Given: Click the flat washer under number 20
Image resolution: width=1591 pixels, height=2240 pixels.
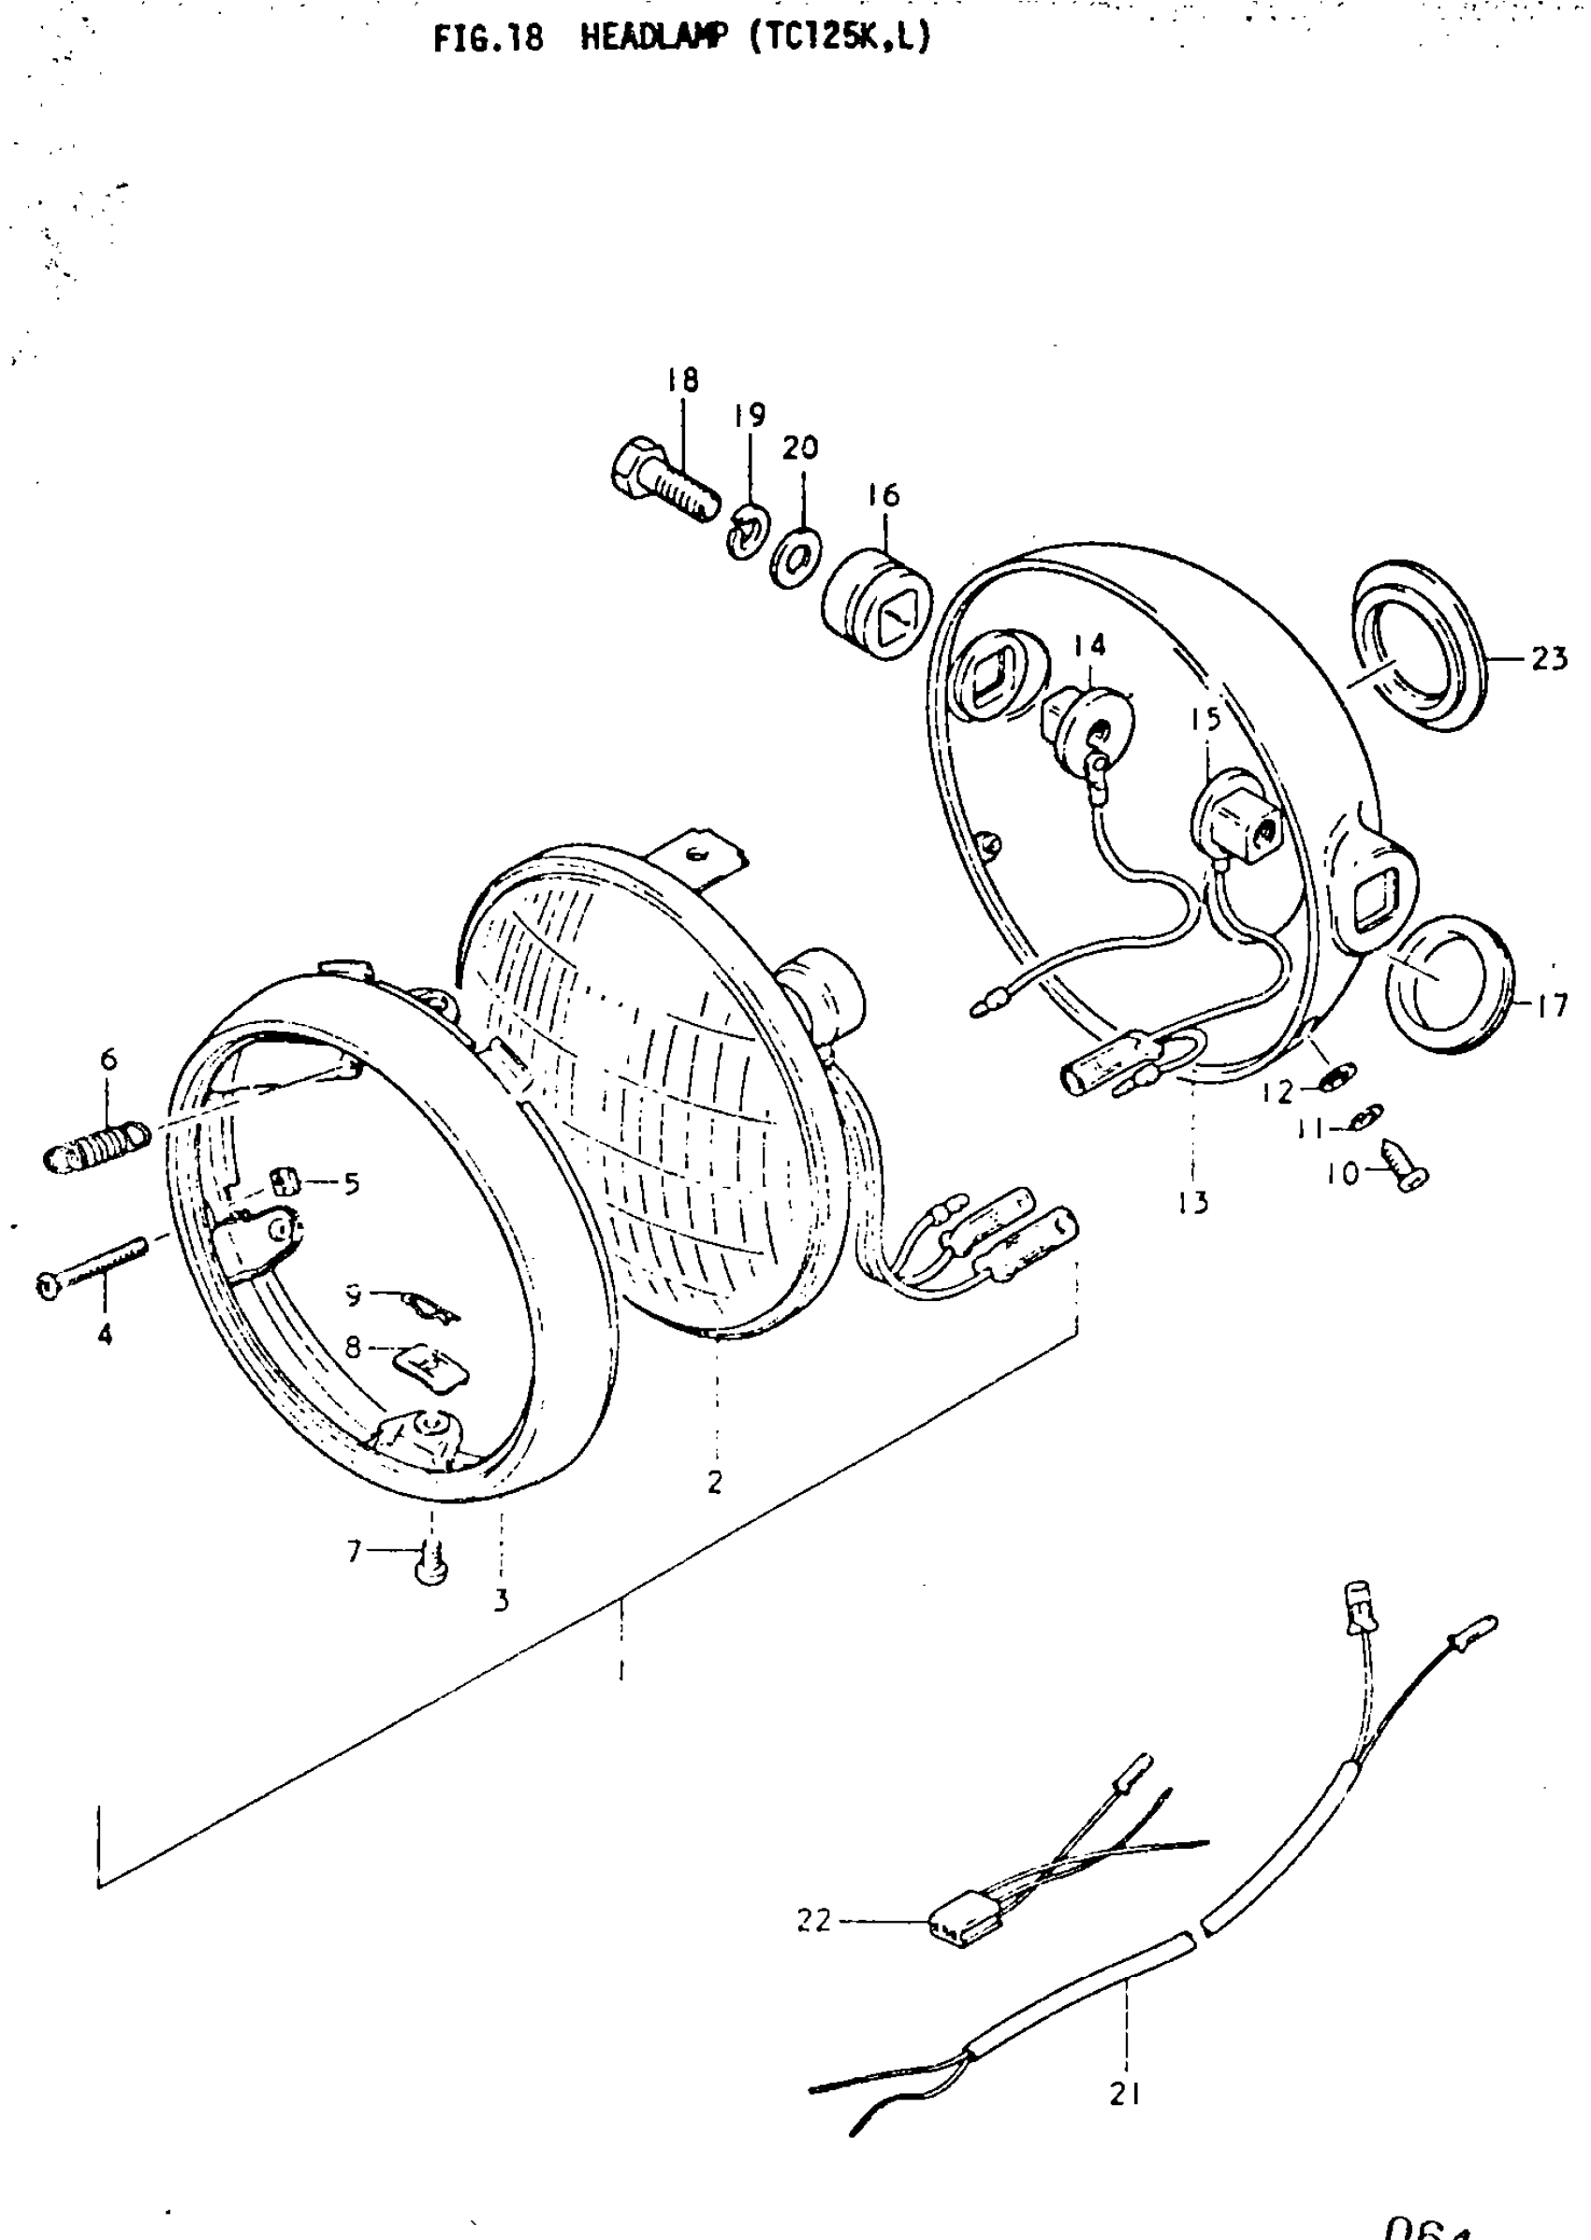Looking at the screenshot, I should pos(796,558).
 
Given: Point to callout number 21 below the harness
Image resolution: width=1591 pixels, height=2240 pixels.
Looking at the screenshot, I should pos(1126,2094).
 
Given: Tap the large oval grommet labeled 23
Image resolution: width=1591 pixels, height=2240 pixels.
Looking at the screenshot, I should pos(1419,648).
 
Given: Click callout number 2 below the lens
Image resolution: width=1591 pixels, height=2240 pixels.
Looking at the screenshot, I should pos(715,1483).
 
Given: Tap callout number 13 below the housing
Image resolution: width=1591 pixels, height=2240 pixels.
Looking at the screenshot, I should pos(1194,1201).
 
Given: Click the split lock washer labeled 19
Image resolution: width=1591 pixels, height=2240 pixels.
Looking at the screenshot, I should pos(749,532).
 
